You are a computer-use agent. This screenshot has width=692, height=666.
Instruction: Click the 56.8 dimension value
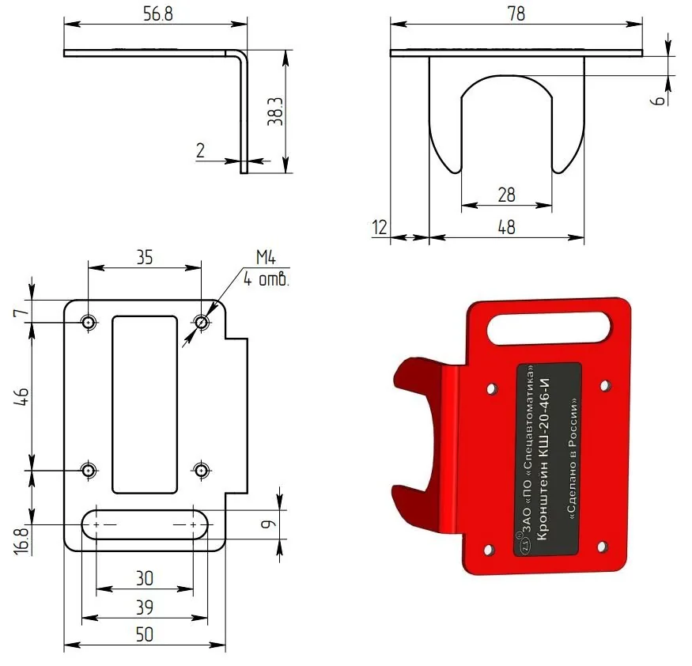(x=158, y=13)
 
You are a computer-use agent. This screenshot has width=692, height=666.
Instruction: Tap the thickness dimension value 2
(x=200, y=150)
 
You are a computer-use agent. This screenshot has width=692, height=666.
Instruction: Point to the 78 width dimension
(x=516, y=13)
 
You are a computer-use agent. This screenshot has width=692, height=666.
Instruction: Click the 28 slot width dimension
(x=506, y=195)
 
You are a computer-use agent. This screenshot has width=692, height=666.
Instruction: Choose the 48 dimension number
(x=506, y=227)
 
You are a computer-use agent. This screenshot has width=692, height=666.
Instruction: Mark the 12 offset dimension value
(x=380, y=227)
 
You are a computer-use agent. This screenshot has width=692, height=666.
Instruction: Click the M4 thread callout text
(x=266, y=257)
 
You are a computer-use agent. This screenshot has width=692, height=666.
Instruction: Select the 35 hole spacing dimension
(x=144, y=257)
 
